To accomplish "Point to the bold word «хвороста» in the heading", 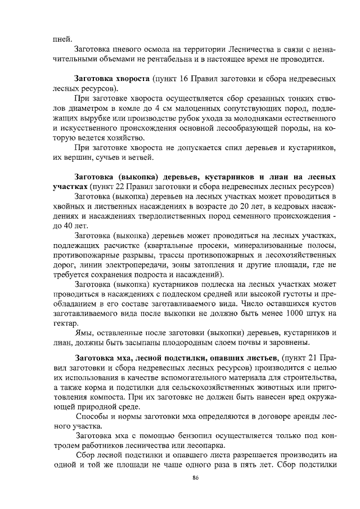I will tap(129, 78).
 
